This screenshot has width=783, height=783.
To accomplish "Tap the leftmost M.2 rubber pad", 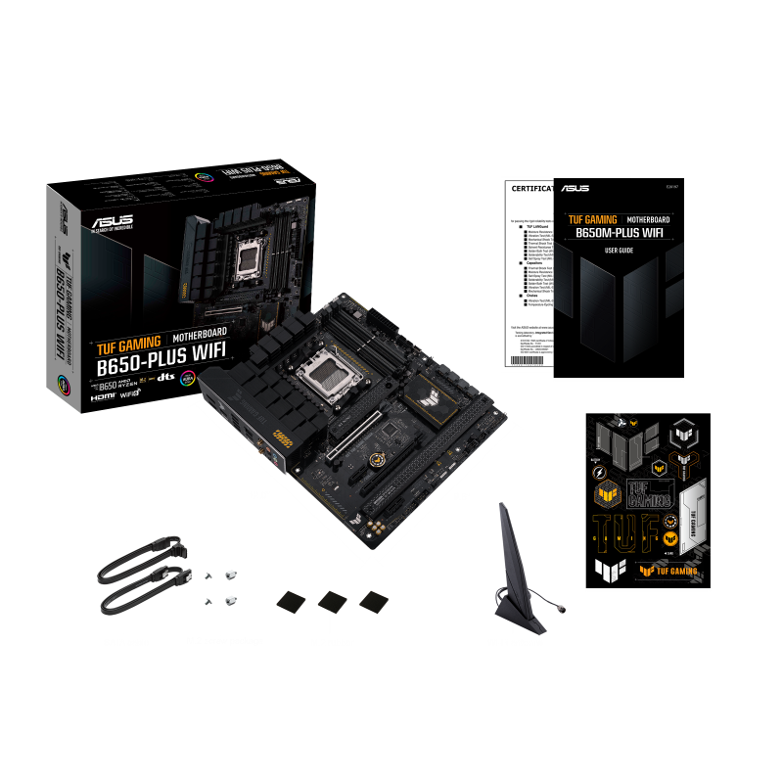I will tap(294, 600).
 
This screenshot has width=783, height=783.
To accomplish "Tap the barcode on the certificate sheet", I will tap(526, 362).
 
